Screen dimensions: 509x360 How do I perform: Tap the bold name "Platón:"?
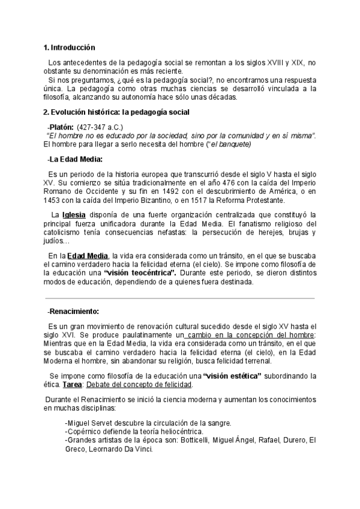tap(61, 127)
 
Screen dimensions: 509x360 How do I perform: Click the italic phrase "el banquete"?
tap(228, 144)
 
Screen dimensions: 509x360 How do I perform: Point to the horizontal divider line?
tap(180, 298)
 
